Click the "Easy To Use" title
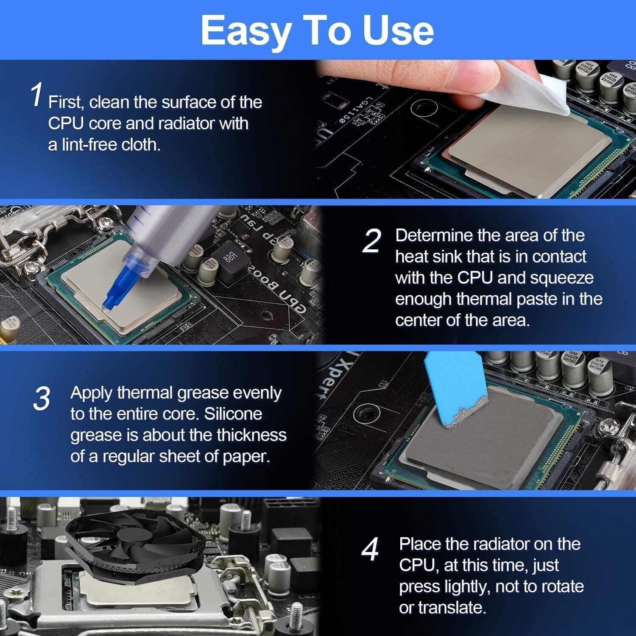[317, 31]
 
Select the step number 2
[372, 241]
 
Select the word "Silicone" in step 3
[233, 414]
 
